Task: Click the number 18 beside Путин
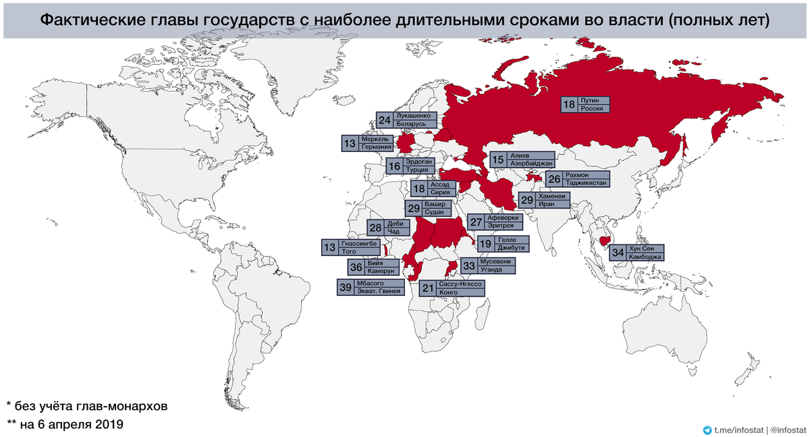click(x=570, y=105)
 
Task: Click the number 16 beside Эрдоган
click(x=395, y=166)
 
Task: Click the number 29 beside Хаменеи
click(x=526, y=199)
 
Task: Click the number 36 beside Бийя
click(x=356, y=267)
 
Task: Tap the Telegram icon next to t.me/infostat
click(x=707, y=429)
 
